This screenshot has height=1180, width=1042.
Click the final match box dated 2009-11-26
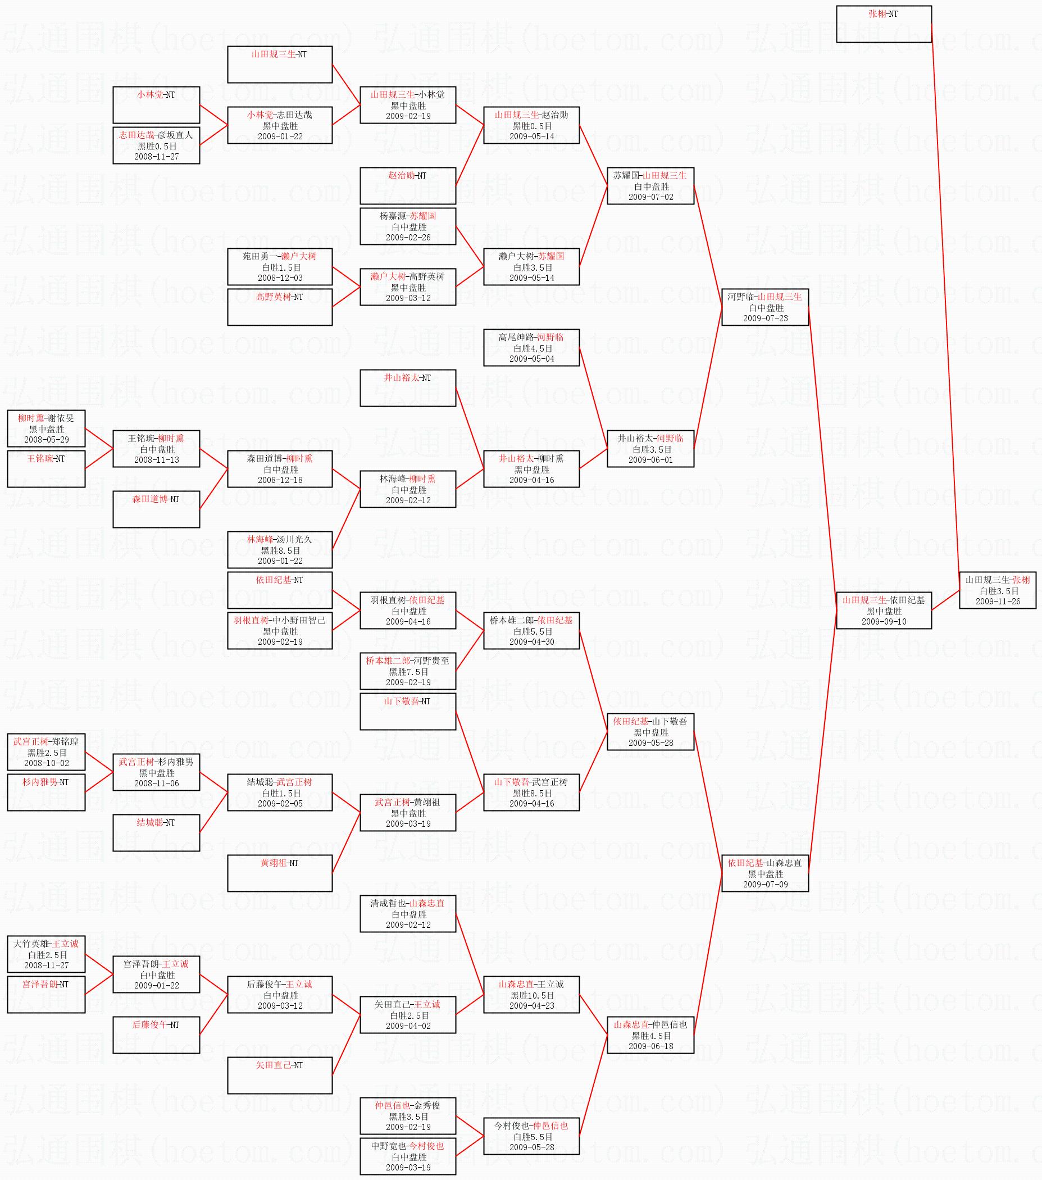(998, 590)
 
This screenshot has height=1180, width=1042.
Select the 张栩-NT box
(883, 24)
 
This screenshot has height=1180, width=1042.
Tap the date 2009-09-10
(884, 622)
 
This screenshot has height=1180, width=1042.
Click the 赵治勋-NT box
(408, 185)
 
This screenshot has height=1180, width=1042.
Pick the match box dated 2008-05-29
(46, 429)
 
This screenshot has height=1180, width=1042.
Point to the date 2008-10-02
(46, 763)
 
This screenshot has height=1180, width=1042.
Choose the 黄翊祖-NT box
(279, 873)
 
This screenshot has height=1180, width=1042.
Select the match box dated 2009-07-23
(765, 307)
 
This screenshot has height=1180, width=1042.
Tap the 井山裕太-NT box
(408, 388)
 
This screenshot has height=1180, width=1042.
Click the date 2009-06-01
(650, 460)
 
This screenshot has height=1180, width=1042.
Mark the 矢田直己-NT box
(279, 1075)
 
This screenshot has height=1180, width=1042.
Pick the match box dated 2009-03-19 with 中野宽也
(408, 1156)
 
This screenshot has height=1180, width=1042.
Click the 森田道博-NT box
(156, 509)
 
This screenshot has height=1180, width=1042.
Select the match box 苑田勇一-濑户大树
(279, 267)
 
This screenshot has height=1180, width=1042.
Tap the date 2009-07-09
(765, 885)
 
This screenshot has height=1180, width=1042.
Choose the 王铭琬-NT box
(46, 469)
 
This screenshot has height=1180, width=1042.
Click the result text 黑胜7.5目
(408, 672)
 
